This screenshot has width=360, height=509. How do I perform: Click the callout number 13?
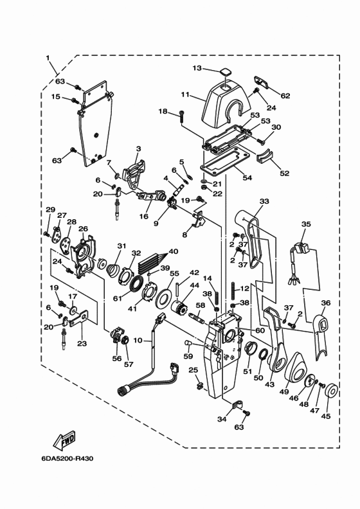tap(197, 68)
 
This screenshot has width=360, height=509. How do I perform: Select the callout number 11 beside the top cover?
tap(185, 94)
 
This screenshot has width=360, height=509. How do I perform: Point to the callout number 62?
tap(285, 96)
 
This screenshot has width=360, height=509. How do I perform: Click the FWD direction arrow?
tap(63, 440)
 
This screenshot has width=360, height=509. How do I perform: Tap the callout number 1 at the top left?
tap(49, 58)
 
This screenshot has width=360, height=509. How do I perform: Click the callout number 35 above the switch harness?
tap(306, 224)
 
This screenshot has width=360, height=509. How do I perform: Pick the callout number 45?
tap(326, 416)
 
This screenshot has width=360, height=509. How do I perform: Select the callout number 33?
tap(264, 202)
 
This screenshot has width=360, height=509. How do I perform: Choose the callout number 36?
tap(326, 303)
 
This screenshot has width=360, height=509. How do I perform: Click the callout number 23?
tap(81, 344)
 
